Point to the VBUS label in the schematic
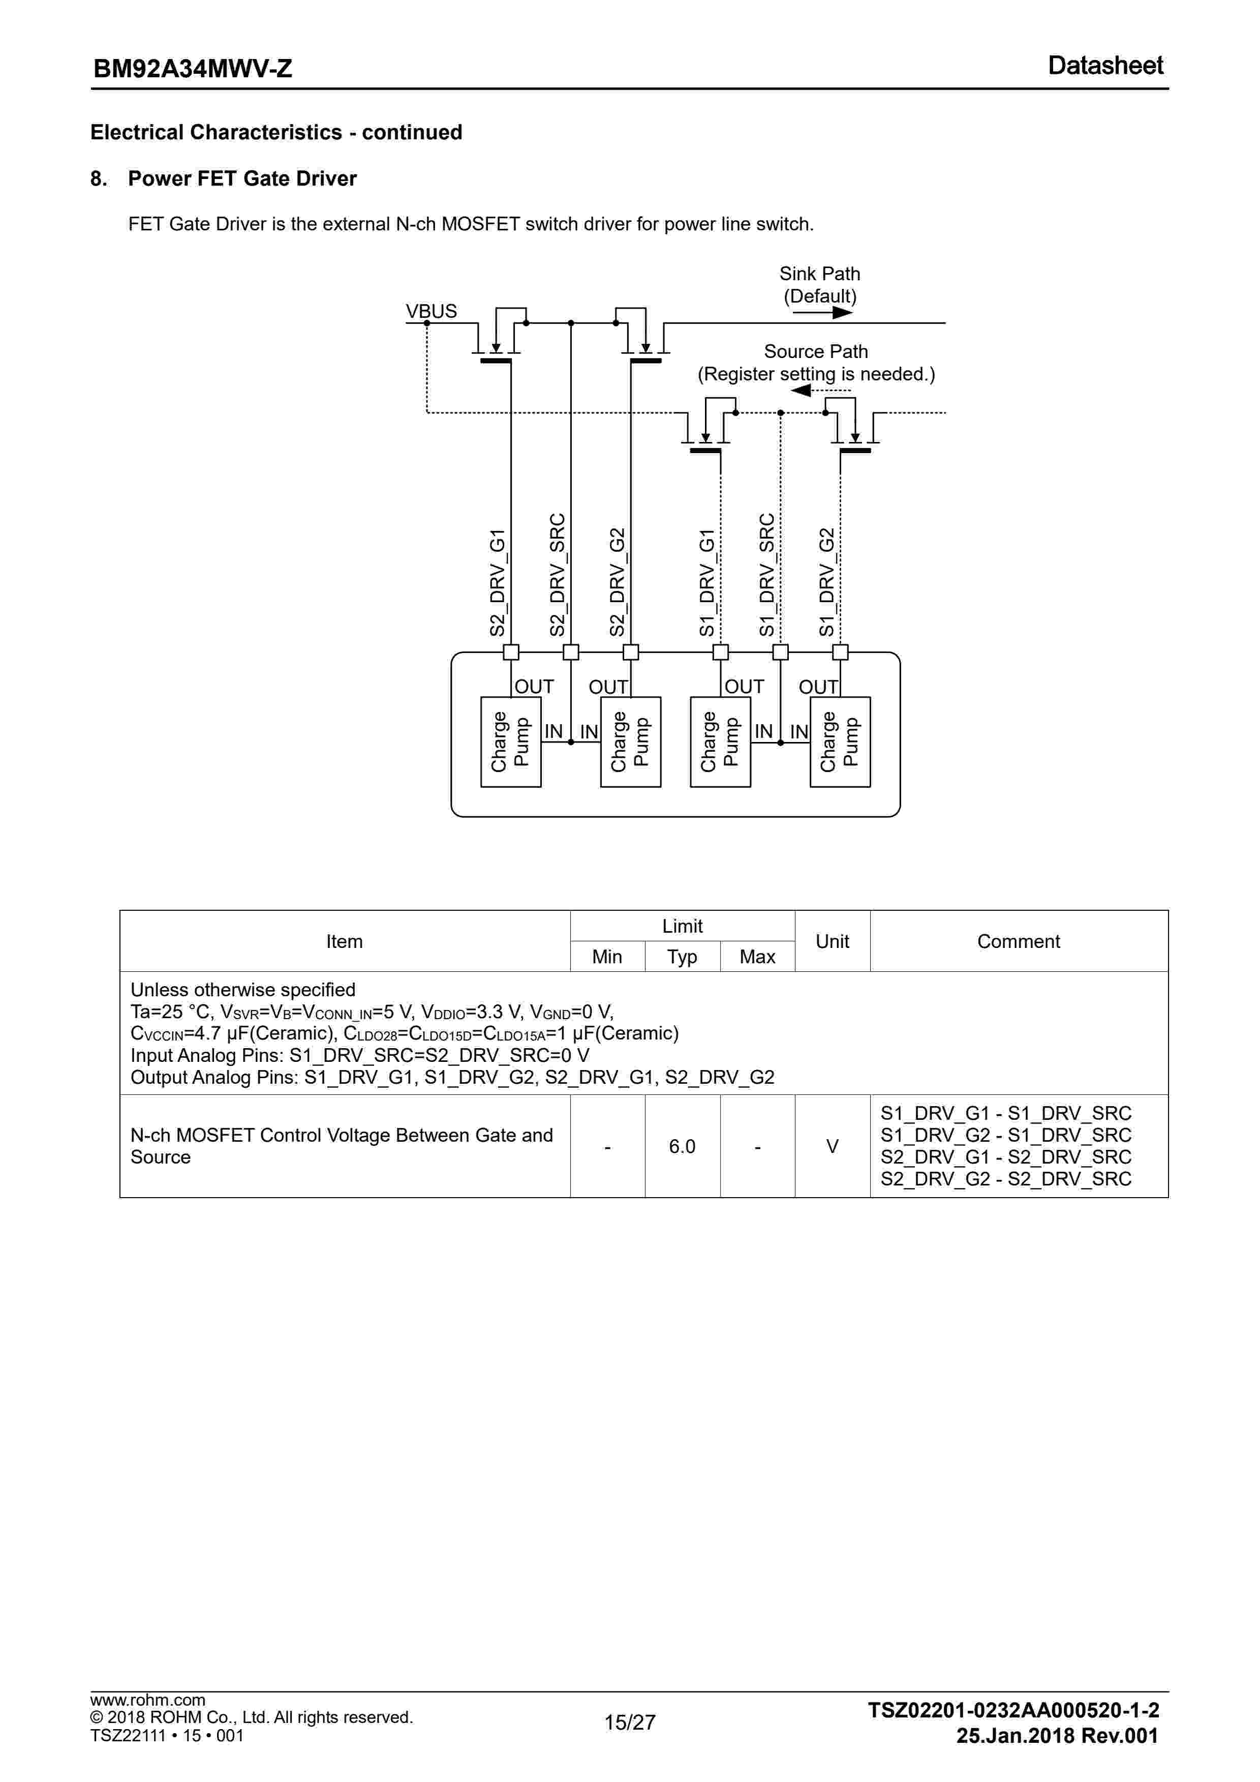point(432,311)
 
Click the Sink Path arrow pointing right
point(822,313)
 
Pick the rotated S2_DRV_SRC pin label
point(557,574)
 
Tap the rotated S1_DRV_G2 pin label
point(827,582)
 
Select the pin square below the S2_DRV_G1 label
point(511,652)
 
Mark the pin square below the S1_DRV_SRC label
point(781,652)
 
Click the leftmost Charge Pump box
point(510,742)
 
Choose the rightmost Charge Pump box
point(840,742)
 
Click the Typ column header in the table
point(682,957)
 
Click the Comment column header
point(1018,941)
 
